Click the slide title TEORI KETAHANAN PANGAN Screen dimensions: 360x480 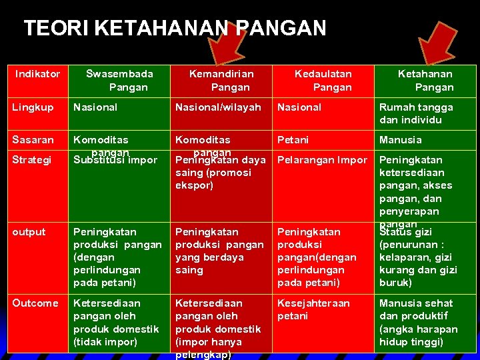coord(175,29)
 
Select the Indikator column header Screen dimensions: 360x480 coord(37,74)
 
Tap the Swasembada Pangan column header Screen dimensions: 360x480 coord(120,81)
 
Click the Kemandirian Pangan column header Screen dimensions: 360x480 coord(221,81)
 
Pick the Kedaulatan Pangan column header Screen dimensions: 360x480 coord(323,81)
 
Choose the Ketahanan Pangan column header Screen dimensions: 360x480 coord(425,81)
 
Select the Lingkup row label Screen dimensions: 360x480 coord(33,107)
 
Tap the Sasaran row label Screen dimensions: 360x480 coord(33,140)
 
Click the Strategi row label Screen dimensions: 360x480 coord(33,160)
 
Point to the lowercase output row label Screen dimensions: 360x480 coord(29,232)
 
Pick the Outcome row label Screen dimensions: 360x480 coord(35,303)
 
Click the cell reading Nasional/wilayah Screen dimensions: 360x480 coord(218,107)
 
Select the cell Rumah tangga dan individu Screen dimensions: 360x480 coord(416,113)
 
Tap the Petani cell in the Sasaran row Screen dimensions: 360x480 coord(293,140)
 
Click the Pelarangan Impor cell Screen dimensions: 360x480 coord(322,160)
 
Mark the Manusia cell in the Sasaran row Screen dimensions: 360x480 coord(401,140)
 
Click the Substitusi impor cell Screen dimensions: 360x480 coord(115,161)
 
